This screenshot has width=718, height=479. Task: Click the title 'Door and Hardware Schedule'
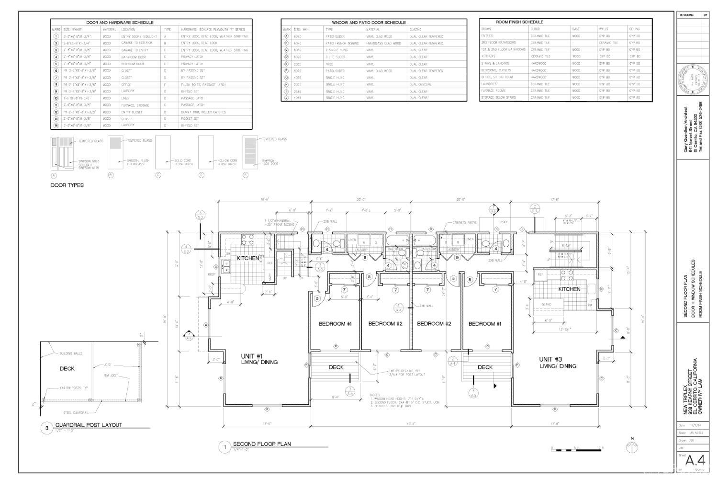[x=120, y=23]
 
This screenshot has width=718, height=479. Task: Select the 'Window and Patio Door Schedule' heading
[x=369, y=23]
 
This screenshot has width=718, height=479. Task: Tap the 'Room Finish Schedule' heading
[x=519, y=22]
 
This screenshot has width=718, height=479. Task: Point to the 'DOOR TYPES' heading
[x=67, y=185]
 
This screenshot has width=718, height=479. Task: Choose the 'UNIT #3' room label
[x=550, y=359]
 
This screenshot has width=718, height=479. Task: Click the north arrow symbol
[x=632, y=447]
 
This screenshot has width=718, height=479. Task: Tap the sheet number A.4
[x=695, y=460]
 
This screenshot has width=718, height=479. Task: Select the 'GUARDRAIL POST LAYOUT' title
[x=89, y=425]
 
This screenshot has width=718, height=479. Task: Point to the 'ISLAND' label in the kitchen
[x=546, y=304]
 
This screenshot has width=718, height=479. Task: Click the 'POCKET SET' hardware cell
[x=190, y=119]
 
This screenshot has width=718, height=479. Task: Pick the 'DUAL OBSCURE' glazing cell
[x=420, y=84]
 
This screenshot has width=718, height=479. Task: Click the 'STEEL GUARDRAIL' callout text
[x=75, y=412]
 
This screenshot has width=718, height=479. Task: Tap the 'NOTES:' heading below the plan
[x=375, y=395]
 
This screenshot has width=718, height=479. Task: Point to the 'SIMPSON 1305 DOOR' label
[x=269, y=162]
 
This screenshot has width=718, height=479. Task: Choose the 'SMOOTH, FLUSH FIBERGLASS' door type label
[x=138, y=162]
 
